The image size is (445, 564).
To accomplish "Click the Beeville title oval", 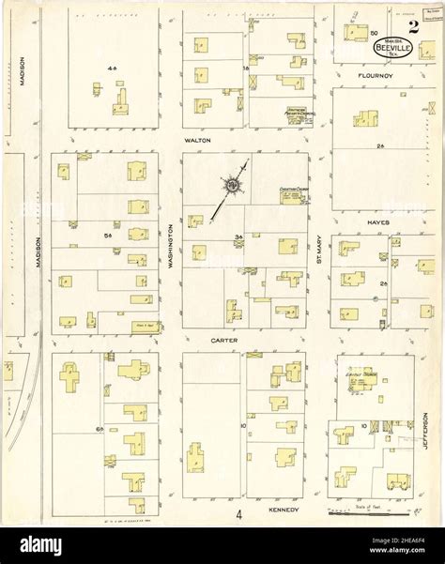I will click(391, 42).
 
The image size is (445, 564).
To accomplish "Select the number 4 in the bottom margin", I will click(239, 513).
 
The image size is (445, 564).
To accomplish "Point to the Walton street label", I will click(197, 140).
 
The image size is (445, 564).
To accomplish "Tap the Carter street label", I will click(223, 340).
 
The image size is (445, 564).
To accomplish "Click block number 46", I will click(112, 69).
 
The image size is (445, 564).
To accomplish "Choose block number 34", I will click(239, 236).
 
